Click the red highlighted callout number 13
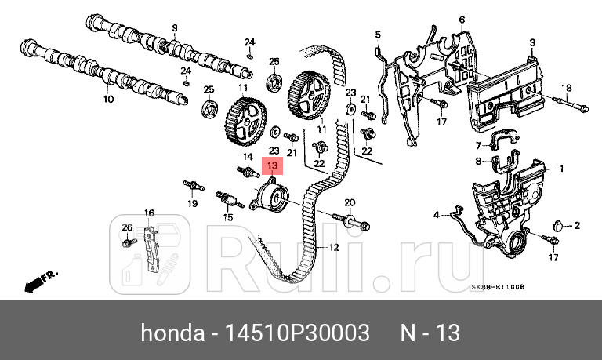273,165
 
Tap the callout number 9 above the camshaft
174,27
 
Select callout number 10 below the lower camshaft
108,100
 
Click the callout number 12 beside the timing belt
332,248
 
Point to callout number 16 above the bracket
149,213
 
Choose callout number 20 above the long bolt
350,202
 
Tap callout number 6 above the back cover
462,19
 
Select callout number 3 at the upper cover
531,42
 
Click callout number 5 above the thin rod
377,35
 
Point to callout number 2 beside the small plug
576,226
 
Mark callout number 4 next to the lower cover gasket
437,214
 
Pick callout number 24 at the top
250,42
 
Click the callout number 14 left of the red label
247,158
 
